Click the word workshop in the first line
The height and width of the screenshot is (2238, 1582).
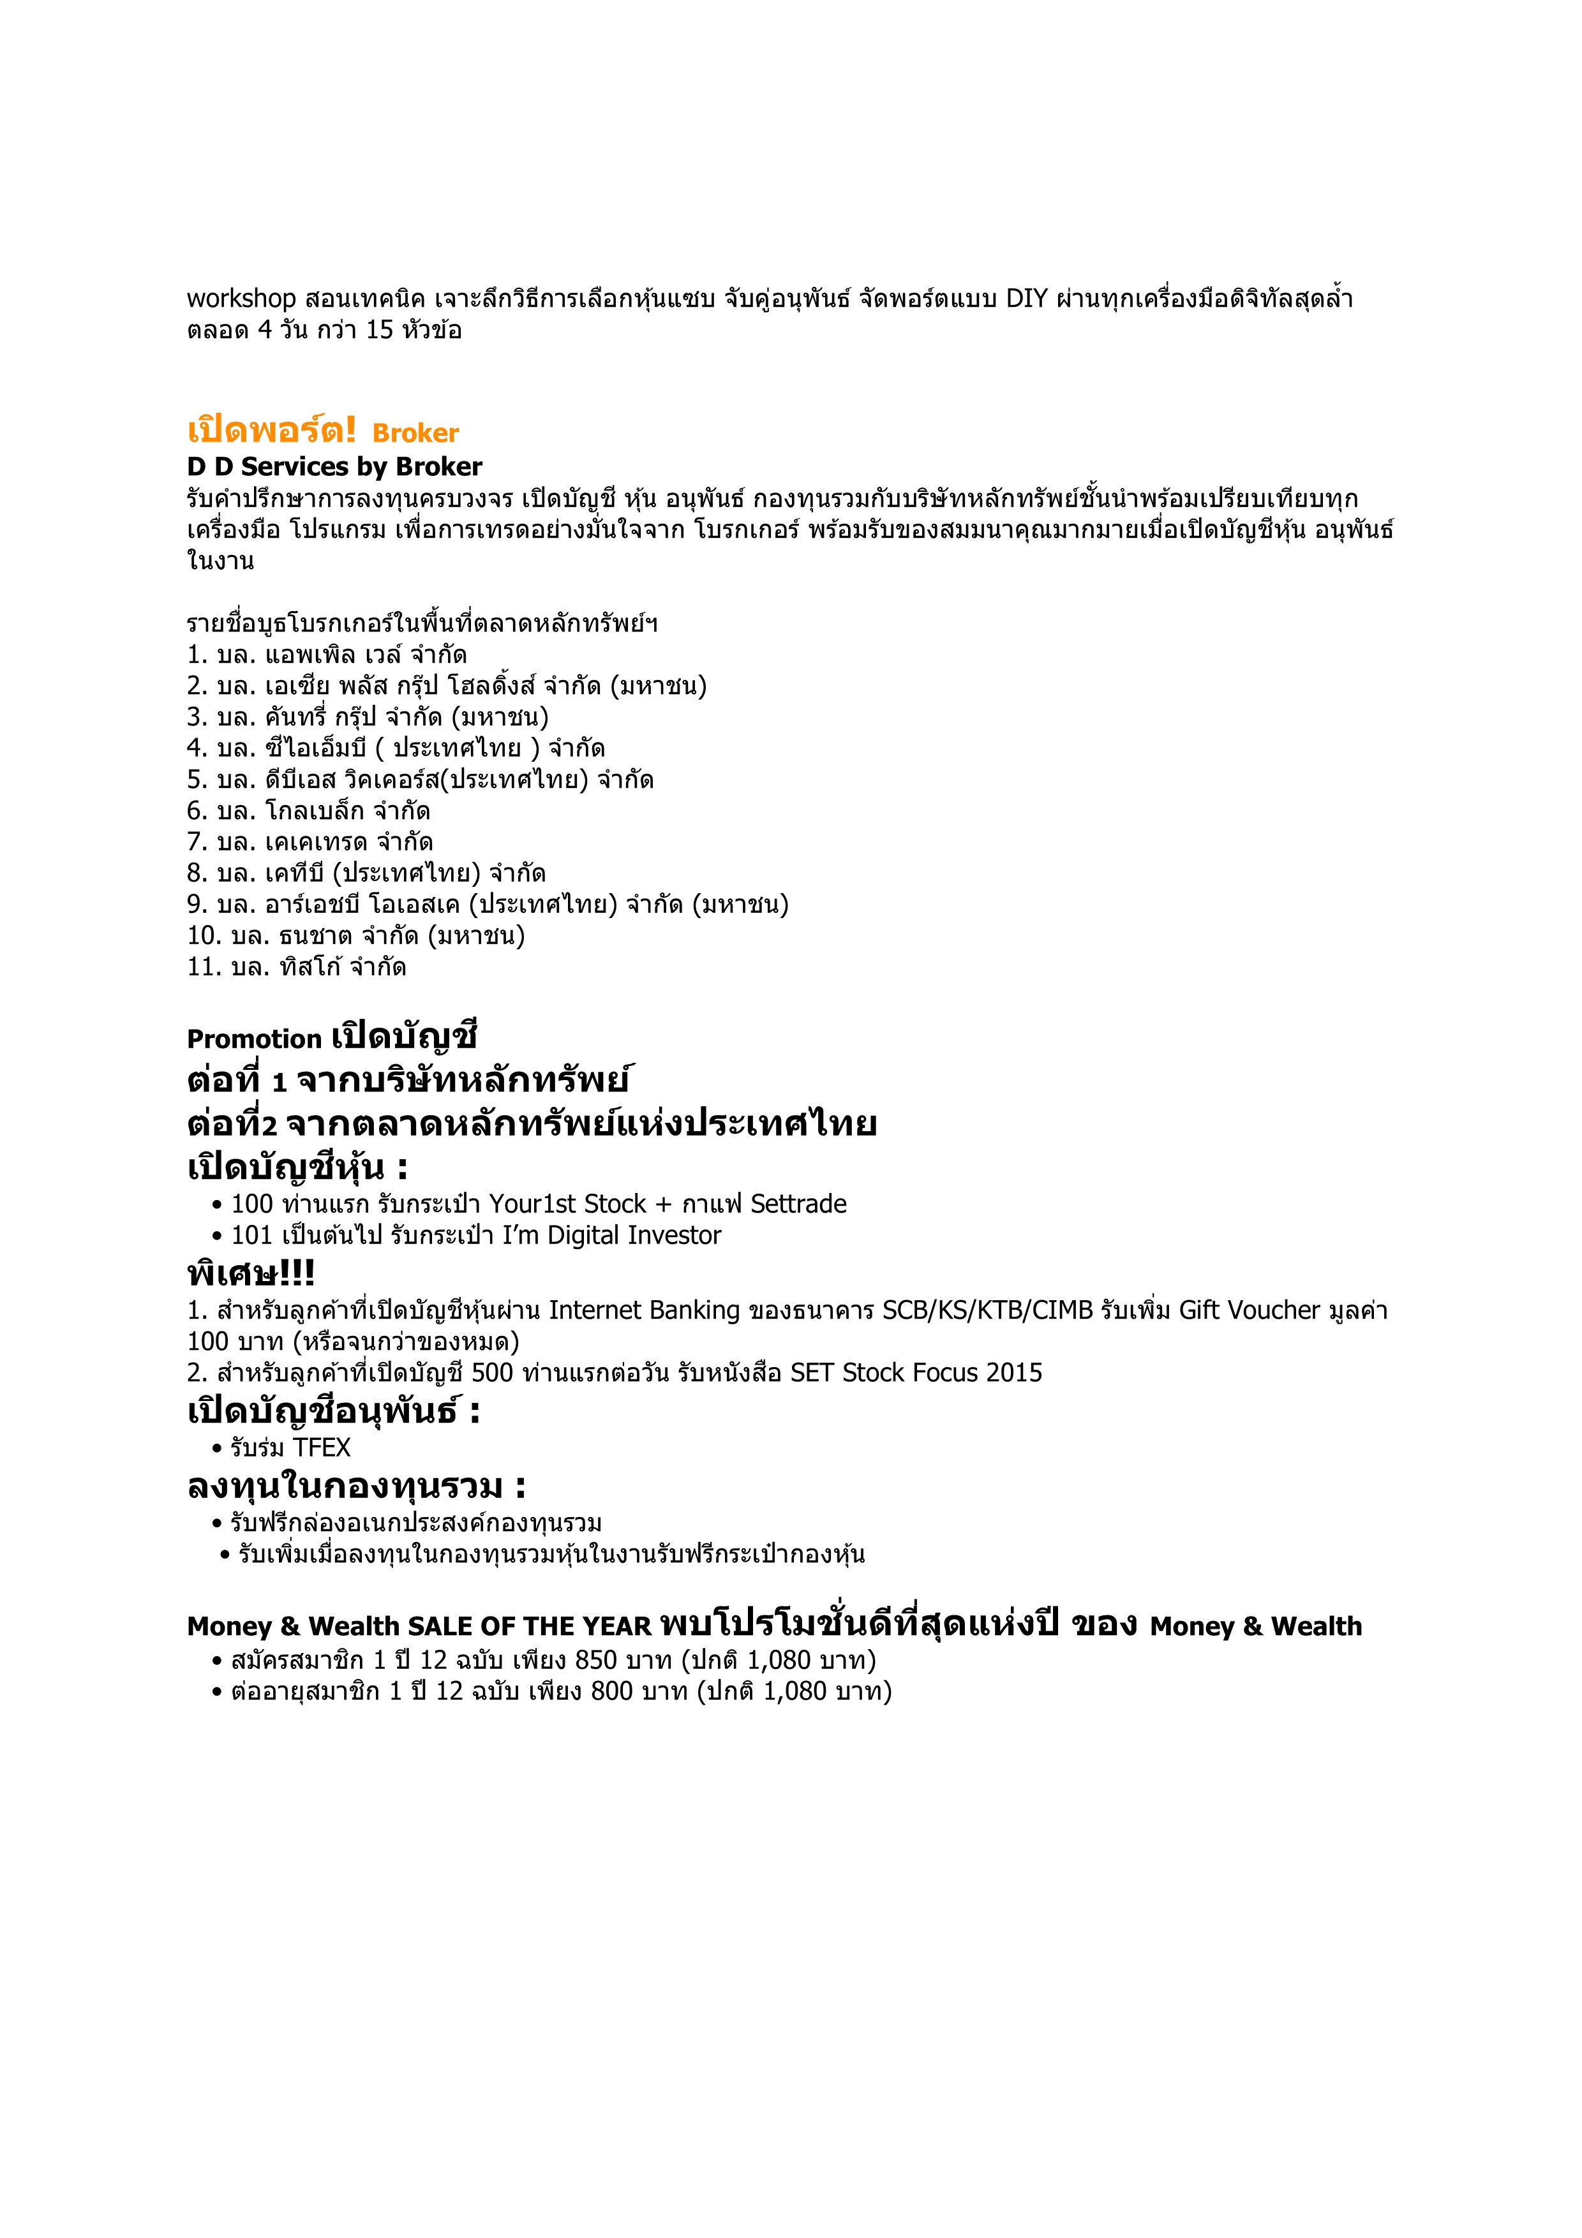(241, 299)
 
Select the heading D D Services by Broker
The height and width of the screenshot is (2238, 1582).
(334, 467)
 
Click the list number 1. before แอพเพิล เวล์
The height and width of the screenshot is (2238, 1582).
(197, 655)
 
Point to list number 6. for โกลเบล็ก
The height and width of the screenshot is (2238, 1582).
(197, 811)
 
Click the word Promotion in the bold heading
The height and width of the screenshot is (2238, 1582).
(253, 1039)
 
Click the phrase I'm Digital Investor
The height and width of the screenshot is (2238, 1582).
(611, 1236)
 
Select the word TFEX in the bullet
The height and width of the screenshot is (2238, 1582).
(321, 1448)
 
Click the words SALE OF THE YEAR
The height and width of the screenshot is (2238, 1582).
(529, 1627)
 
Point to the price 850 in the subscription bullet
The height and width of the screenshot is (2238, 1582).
(597, 1660)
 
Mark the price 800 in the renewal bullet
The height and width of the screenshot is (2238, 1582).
(612, 1691)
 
